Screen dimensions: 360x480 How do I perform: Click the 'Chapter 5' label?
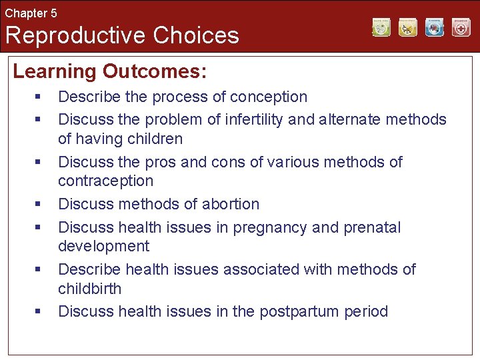click(x=31, y=13)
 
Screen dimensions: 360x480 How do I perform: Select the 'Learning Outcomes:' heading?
click(x=110, y=71)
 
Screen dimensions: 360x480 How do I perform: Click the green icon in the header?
click(x=381, y=27)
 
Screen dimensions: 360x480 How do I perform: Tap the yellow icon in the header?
click(x=408, y=27)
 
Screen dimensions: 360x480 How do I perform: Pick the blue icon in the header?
click(x=434, y=27)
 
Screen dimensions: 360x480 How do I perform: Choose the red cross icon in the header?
click(x=461, y=27)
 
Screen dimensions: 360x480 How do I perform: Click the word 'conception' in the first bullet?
click(x=269, y=97)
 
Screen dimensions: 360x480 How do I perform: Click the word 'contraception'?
click(x=105, y=181)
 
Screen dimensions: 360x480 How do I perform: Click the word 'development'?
click(x=103, y=246)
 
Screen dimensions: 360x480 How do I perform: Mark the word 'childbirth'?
click(x=89, y=289)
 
